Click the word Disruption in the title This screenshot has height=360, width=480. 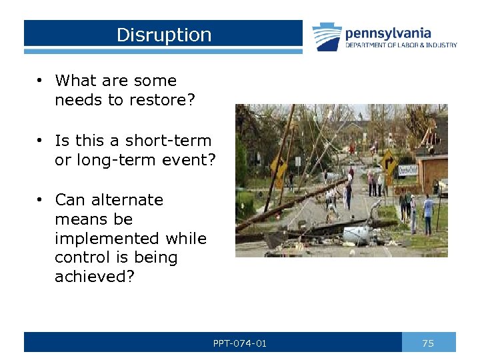(163, 35)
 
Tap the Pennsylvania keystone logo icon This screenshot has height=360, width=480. (327, 37)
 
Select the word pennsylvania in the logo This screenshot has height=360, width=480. (387, 33)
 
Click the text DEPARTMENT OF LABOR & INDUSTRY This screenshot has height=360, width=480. (401, 45)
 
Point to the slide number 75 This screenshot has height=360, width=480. (428, 343)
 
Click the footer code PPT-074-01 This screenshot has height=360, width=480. (239, 343)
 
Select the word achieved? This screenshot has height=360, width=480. (95, 277)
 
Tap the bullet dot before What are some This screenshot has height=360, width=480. (41, 81)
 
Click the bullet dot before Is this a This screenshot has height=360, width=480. (41, 141)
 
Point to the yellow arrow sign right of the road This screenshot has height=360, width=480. (388, 160)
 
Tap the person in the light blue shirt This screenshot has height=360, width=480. (427, 207)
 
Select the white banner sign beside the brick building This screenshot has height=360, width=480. (407, 170)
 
